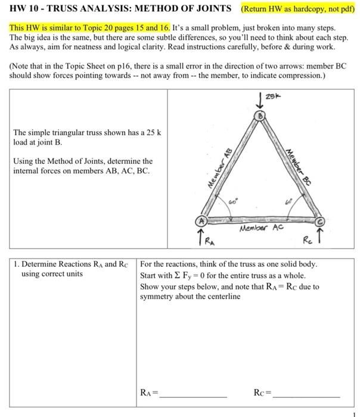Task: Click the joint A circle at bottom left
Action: (202, 221)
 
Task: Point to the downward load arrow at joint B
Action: (260, 99)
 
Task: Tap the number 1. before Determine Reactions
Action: (16, 264)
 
